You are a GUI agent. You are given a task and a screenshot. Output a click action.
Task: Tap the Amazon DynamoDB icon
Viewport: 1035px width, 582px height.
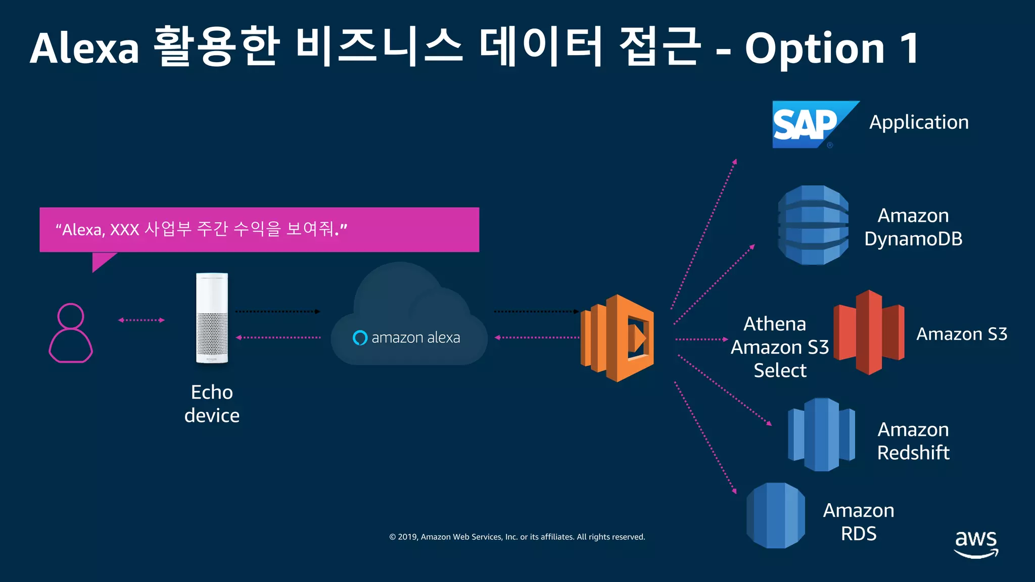813,225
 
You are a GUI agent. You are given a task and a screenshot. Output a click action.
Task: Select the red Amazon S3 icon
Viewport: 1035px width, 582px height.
869,332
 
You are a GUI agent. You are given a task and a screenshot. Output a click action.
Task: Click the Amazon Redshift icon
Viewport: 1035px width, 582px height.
821,434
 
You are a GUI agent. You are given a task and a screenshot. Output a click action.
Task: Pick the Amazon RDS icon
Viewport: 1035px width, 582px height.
776,515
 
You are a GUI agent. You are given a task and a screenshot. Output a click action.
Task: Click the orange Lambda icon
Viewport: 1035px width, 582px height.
618,337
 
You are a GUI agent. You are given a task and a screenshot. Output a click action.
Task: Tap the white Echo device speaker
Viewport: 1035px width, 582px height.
212,318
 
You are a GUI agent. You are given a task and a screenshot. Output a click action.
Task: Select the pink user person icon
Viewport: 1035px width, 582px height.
71,333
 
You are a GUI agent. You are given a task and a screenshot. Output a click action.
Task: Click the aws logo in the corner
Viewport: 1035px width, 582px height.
976,544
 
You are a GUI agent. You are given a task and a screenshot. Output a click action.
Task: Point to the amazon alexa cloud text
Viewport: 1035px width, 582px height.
415,337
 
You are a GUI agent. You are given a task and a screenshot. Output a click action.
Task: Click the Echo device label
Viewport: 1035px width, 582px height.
212,404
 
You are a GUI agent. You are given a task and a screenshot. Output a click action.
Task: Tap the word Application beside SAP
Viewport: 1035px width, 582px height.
919,122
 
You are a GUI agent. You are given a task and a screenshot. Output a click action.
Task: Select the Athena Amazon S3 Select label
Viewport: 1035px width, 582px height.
780,347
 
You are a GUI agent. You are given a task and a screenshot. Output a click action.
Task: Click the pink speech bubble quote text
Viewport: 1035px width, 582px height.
201,229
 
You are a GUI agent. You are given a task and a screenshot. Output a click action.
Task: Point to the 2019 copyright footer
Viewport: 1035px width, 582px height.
517,537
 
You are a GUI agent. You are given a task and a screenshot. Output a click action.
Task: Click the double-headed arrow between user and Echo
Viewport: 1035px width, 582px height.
141,320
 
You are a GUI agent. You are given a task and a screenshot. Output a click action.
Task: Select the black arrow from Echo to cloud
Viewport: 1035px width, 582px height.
277,312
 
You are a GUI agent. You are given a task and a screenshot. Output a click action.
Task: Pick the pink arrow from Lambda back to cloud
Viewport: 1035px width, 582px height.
537,337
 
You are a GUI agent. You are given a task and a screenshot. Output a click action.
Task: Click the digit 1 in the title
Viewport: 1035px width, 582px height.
909,48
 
